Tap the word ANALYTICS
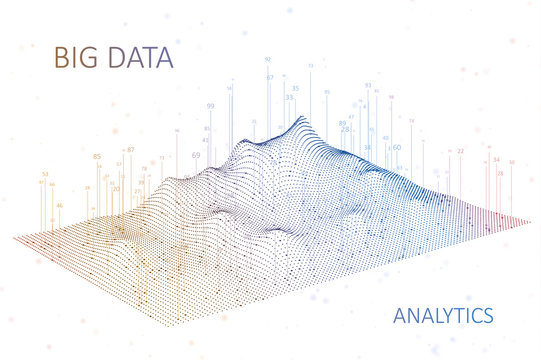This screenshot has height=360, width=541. click(x=443, y=316)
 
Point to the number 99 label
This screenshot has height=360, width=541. click(x=210, y=106)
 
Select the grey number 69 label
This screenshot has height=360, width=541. click(x=195, y=155)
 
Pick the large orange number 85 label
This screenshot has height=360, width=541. click(x=97, y=156)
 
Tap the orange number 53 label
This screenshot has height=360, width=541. click(x=45, y=175)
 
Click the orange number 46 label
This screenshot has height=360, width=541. click(x=60, y=206)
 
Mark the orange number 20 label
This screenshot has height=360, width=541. click(x=116, y=188)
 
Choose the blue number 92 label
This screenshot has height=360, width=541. click(x=268, y=59)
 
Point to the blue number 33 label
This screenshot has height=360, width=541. click(x=289, y=98)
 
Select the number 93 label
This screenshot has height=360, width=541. click(x=368, y=86)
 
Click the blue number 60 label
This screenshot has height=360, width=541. click(x=397, y=147)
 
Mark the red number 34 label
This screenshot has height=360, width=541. click(x=497, y=159)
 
